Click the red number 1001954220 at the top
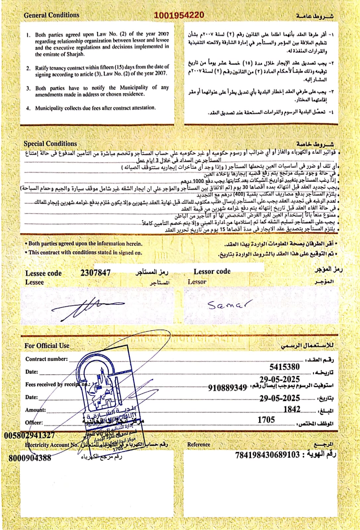coord(179,15)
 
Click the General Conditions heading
coord(51,15)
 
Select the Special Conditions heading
coord(50,143)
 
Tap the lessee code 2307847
coord(95,272)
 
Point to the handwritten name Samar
coord(227,304)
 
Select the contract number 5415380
coord(284,367)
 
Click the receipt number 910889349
coord(227,387)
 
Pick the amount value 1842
coord(292,409)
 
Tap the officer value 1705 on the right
coord(266,420)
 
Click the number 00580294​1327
coord(30,435)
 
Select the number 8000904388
coord(30,458)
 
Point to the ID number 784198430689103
coord(268,455)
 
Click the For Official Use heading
coord(47,345)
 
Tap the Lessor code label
coord(212,271)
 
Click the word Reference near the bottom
coord(199,445)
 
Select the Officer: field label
coord(34,423)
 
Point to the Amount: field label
coord(35,410)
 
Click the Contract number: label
coord(46,359)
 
